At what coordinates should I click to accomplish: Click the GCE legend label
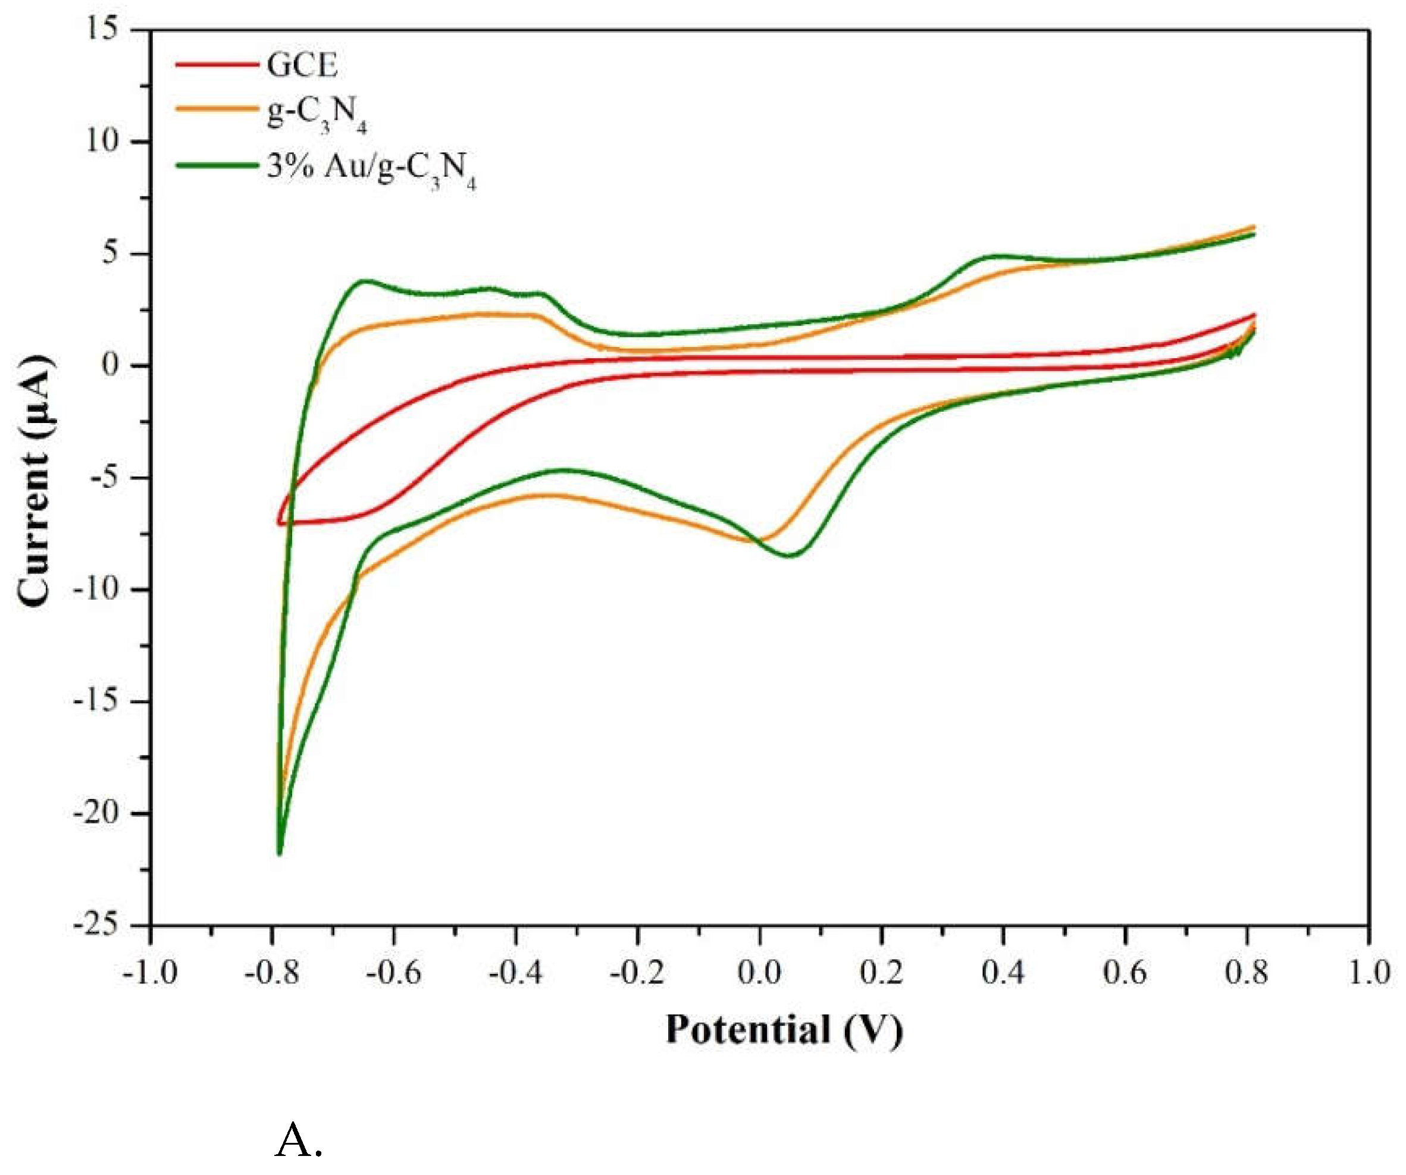(301, 65)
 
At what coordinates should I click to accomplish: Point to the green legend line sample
(217, 165)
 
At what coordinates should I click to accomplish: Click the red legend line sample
(217, 64)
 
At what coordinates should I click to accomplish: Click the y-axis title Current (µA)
(33, 481)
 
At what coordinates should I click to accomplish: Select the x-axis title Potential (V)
(784, 1029)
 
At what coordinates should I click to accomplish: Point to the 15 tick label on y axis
(102, 28)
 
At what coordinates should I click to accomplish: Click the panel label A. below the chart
(299, 1139)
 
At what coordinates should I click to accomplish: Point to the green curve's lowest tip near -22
(279, 853)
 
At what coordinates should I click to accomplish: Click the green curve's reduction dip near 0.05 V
(791, 555)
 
